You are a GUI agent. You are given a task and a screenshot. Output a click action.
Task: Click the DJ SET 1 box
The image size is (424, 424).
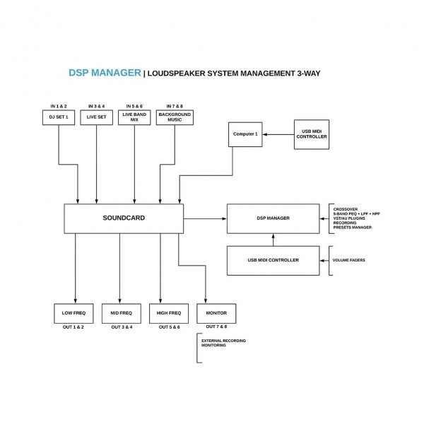[58, 117]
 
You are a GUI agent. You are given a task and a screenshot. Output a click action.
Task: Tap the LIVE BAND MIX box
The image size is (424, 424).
[135, 117]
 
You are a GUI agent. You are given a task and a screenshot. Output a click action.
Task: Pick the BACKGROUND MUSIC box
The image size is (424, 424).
[174, 117]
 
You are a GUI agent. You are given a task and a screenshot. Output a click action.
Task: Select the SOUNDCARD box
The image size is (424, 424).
[124, 218]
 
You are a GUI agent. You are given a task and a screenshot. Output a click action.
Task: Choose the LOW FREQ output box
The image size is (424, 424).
[73, 313]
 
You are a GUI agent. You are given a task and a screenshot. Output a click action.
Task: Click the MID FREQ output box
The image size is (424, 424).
[121, 313]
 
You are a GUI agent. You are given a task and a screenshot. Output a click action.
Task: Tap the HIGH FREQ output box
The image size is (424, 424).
[169, 313]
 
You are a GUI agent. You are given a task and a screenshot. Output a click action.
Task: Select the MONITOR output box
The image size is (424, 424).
[216, 313]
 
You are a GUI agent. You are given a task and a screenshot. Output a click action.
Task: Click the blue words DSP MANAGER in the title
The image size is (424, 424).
[104, 73]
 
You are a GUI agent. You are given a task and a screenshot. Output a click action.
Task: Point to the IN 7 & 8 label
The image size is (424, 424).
[174, 105]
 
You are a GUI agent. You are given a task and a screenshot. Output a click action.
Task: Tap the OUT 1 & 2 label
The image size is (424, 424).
[73, 327]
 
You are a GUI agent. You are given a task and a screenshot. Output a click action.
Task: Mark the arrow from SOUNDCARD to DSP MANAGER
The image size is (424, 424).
[205, 218]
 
